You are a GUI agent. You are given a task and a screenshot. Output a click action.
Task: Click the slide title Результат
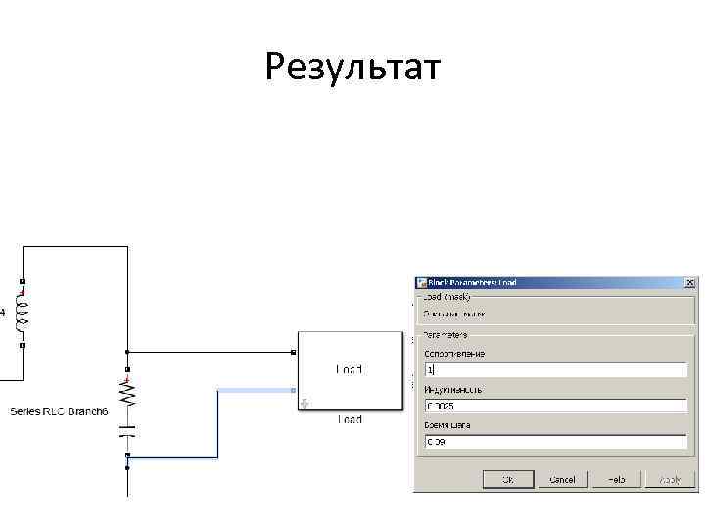click(352, 68)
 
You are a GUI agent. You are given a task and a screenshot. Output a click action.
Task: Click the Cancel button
click(562, 479)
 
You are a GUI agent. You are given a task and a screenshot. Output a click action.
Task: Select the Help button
click(616, 479)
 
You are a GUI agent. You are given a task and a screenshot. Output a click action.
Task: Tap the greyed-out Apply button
click(670, 479)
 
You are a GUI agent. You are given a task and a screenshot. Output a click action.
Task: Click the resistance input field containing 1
click(555, 371)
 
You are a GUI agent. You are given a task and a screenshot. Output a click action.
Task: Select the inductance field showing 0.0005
click(555, 406)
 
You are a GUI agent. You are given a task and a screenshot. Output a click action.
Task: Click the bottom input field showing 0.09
click(555, 441)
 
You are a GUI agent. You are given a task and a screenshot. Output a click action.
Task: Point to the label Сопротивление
click(454, 354)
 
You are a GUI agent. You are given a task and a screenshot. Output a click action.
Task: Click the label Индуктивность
click(452, 389)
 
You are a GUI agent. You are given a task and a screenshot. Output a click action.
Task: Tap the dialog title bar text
click(472, 282)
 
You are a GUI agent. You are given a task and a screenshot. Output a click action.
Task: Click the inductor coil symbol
click(21, 316)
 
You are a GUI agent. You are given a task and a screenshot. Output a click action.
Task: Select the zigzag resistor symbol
click(126, 394)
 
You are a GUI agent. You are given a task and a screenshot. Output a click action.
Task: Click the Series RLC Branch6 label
click(59, 411)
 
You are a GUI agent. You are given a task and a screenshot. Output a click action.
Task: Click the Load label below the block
click(350, 420)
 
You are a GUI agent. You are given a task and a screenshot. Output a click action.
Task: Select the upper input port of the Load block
click(295, 351)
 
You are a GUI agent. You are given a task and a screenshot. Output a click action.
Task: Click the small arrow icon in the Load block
click(305, 401)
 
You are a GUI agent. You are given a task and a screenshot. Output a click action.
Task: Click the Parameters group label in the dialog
click(446, 334)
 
